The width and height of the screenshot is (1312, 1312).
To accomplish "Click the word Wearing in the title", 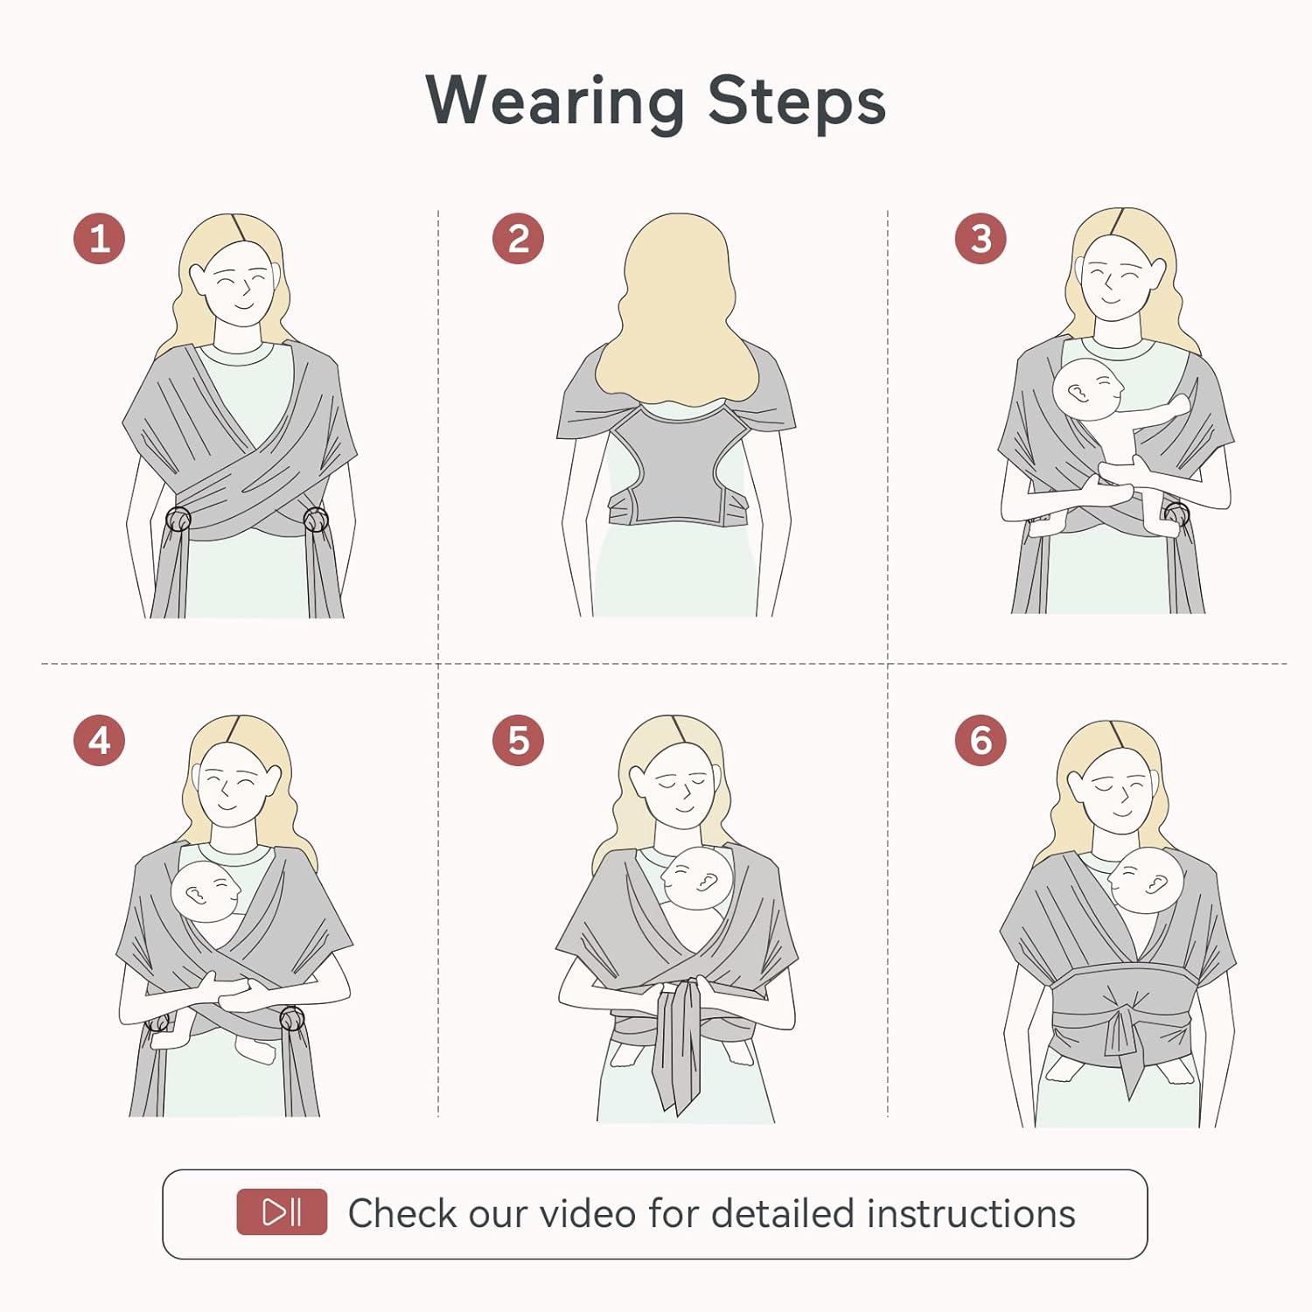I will coord(555,102).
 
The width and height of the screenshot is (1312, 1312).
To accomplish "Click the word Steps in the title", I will coord(796,102).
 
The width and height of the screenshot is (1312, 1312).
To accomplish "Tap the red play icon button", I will coord(282,1211).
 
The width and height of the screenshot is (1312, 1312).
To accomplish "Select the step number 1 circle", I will coord(100,239).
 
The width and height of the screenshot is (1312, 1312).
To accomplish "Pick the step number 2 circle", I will coord(518,239).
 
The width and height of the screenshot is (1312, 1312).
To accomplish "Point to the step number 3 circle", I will coord(981,239).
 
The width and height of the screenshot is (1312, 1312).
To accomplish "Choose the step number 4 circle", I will coord(100,741).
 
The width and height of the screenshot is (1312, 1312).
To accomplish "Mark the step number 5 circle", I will coord(518,741).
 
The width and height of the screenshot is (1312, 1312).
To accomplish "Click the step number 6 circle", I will coord(981,741).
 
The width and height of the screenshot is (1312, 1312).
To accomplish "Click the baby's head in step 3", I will coord(1087,389).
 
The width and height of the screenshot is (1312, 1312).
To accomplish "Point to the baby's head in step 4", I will coord(206,891).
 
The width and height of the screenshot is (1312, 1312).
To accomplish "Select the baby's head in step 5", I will coord(697,877).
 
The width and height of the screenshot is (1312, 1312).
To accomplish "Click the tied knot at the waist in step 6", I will coord(1120,1023).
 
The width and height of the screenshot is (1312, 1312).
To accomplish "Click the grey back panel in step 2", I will coord(676,472).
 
